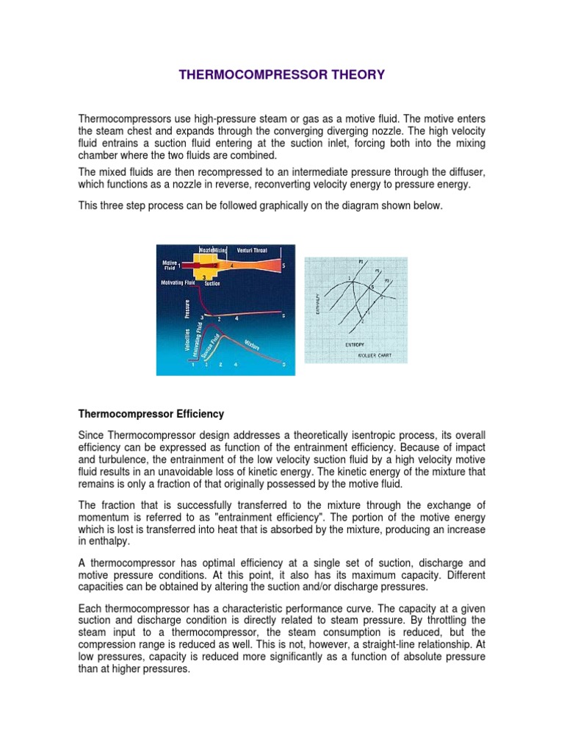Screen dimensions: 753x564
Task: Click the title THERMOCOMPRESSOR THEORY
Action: click(x=282, y=74)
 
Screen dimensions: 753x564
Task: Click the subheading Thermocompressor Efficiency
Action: click(x=151, y=414)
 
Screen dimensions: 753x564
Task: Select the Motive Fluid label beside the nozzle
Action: click(x=168, y=265)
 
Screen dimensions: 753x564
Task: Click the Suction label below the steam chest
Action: click(x=213, y=282)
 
